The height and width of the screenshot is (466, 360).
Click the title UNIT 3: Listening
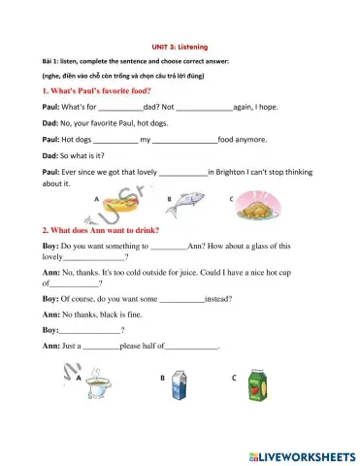point(180,46)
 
